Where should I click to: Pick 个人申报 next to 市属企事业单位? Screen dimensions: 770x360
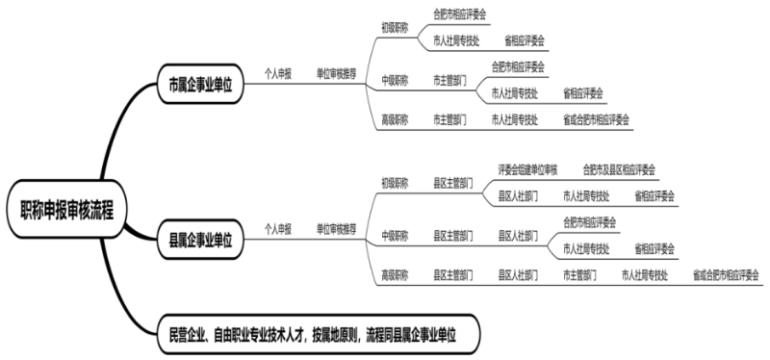[x=277, y=72]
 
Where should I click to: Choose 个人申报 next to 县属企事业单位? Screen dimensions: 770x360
[x=277, y=229]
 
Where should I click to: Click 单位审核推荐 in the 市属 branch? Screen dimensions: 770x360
[x=337, y=72]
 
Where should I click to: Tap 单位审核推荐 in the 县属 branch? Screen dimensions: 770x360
[x=337, y=229]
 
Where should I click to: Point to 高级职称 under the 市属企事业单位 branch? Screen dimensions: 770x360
[x=395, y=119]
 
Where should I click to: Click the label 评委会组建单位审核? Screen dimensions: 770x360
[x=527, y=168]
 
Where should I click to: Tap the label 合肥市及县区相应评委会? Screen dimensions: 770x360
[x=619, y=168]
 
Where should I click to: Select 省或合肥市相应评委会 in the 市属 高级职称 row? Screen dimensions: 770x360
[x=596, y=119]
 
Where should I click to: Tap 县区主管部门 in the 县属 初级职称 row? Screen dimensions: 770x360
[x=452, y=181]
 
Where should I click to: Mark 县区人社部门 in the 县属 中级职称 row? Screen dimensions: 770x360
[x=517, y=234]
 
